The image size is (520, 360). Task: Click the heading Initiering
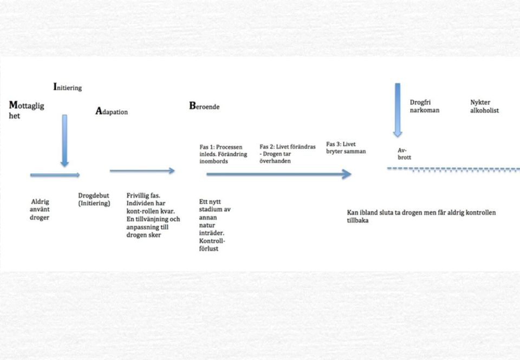pyautogui.click(x=68, y=87)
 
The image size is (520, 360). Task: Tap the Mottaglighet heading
pyautogui.click(x=27, y=110)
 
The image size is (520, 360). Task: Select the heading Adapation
pyautogui.click(x=112, y=111)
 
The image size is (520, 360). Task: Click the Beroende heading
pyautogui.click(x=204, y=106)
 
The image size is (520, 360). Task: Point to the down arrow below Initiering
pyautogui.click(x=64, y=141)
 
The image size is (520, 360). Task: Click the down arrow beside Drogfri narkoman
pyautogui.click(x=398, y=110)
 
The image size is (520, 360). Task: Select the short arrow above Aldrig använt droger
pyautogui.click(x=55, y=175)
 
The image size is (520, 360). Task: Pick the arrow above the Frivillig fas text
pyautogui.click(x=142, y=171)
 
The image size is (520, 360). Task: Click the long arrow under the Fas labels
pyautogui.click(x=279, y=174)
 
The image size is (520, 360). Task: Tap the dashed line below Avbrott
pyautogui.click(x=453, y=169)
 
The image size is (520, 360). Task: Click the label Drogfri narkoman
pyautogui.click(x=425, y=106)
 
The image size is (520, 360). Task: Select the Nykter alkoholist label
pyautogui.click(x=484, y=106)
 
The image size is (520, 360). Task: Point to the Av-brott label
pyautogui.click(x=404, y=154)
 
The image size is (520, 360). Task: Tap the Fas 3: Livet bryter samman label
pyautogui.click(x=346, y=147)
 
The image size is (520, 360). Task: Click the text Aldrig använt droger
pyautogui.click(x=40, y=210)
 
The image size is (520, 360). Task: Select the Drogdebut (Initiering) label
pyautogui.click(x=94, y=199)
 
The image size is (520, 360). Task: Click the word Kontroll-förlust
pyautogui.click(x=212, y=245)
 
